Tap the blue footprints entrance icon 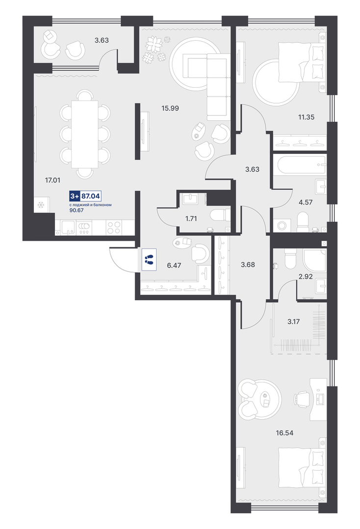149,259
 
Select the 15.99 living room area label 170,108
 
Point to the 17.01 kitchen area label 52,180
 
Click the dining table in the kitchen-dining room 85,134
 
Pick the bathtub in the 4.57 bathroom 300,165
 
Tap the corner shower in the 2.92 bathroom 314,260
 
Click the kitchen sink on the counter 68,227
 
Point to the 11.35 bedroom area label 306,117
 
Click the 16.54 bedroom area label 284,432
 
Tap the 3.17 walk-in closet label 293,322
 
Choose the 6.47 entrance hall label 174,266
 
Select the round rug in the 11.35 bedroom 277,82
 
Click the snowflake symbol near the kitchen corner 41,204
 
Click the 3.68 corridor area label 248,265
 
